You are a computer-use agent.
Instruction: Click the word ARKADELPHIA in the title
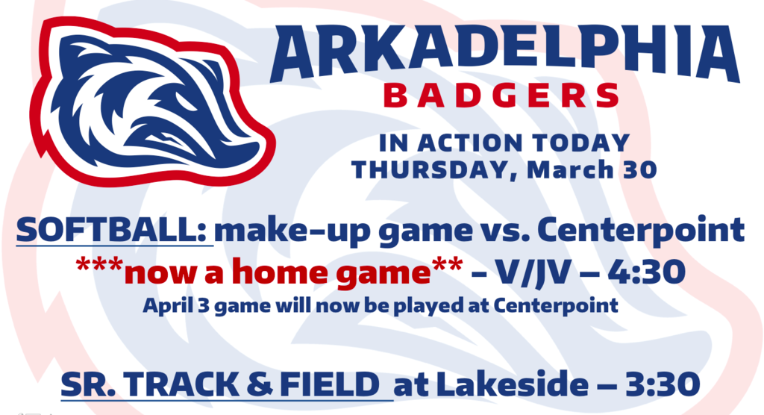coord(505,52)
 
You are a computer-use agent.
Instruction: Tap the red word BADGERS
coord(501,96)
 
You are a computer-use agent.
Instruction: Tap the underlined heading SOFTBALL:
coord(114,230)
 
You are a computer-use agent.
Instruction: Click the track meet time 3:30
coord(663,384)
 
